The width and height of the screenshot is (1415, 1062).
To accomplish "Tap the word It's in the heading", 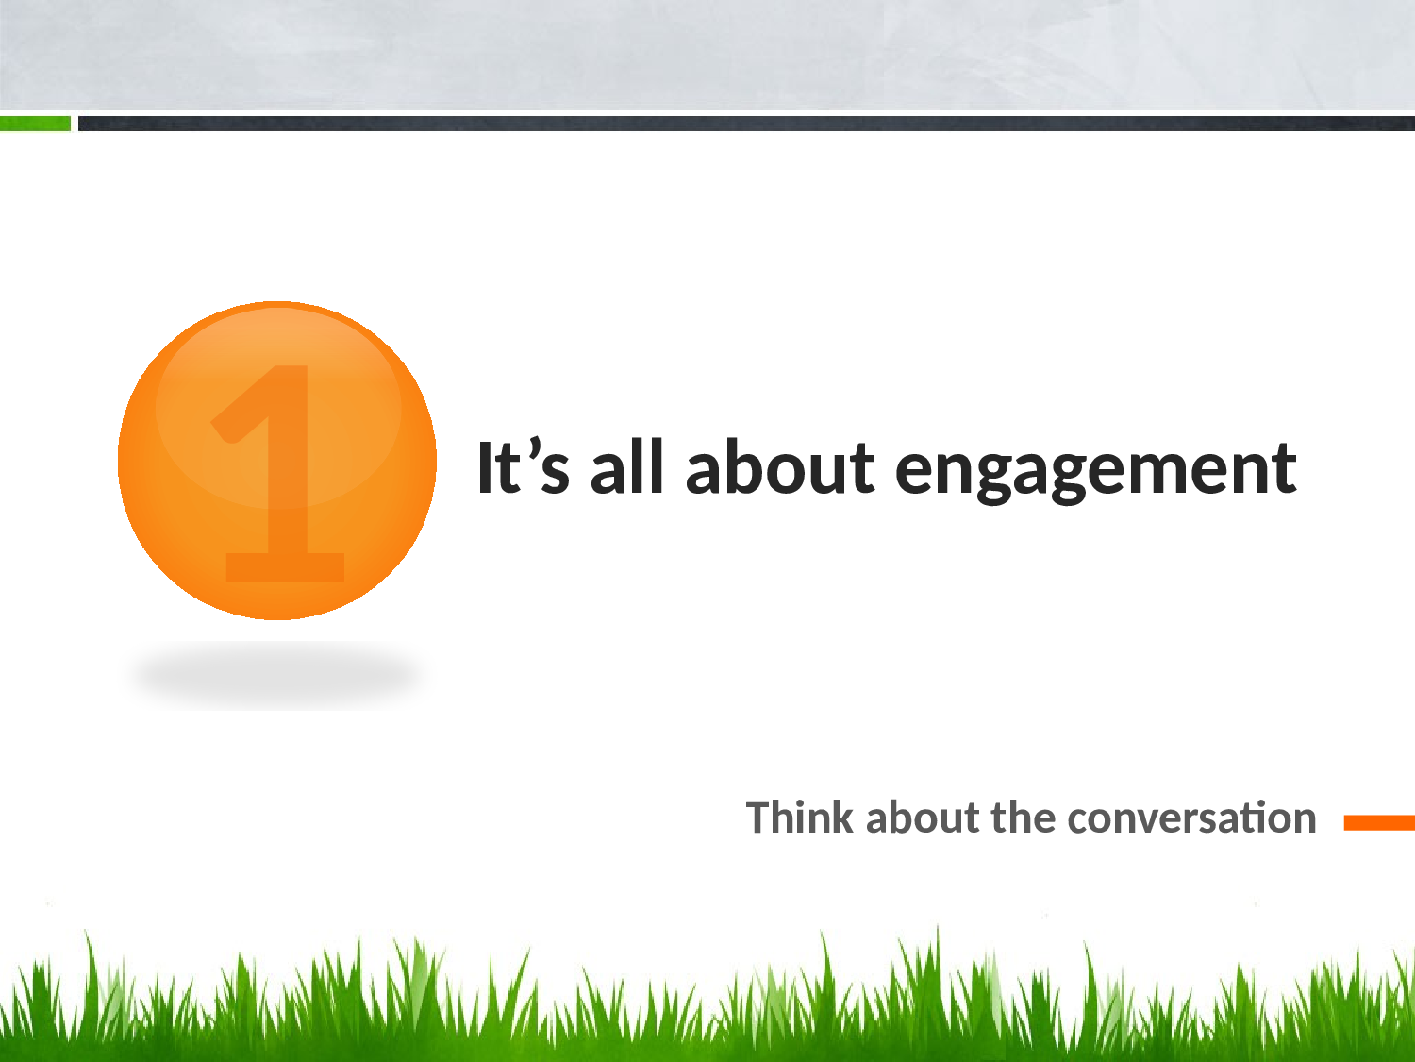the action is pyautogui.click(x=523, y=465).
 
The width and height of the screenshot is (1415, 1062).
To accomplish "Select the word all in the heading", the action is pyautogui.click(x=626, y=466).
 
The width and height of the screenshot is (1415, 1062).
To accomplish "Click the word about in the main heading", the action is pyautogui.click(x=780, y=466).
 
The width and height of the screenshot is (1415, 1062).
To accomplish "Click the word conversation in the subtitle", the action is pyautogui.click(x=1191, y=818).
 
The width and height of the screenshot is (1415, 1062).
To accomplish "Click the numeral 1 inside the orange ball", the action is pyautogui.click(x=278, y=474).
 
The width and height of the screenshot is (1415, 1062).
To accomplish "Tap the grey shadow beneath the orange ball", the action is pyautogui.click(x=278, y=675).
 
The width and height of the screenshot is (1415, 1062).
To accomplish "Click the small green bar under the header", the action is pyautogui.click(x=35, y=123).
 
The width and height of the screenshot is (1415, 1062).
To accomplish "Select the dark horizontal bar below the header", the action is pyautogui.click(x=746, y=123).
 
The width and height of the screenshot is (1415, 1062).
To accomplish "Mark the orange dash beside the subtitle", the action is pyautogui.click(x=1379, y=822).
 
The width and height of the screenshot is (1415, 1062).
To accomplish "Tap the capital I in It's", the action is pyautogui.click(x=484, y=467).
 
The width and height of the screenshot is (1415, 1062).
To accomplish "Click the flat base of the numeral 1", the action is pyautogui.click(x=285, y=568).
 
